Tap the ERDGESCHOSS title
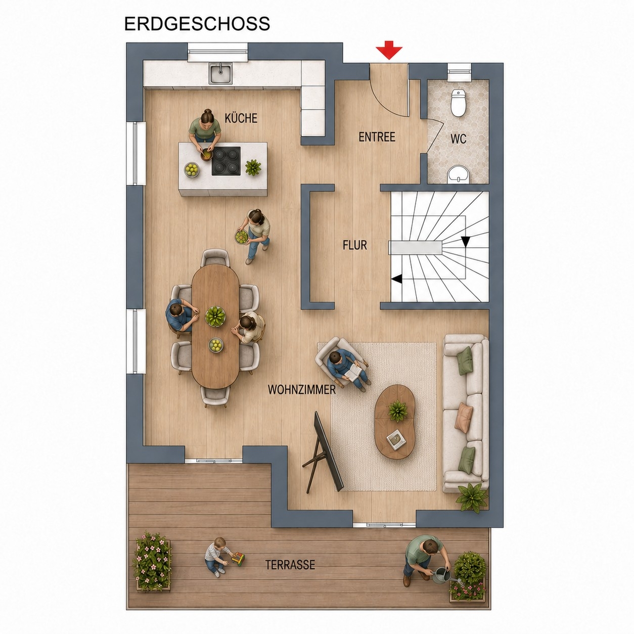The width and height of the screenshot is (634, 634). pyautogui.click(x=197, y=24)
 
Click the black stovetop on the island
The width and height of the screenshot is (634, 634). pyautogui.click(x=226, y=161)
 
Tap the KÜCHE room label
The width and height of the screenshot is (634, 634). pyautogui.click(x=241, y=118)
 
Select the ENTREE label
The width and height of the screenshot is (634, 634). pyautogui.click(x=377, y=137)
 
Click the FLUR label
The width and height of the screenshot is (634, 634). pyautogui.click(x=355, y=245)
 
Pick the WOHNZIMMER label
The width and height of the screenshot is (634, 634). pyautogui.click(x=302, y=390)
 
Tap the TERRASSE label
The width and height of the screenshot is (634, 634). pyautogui.click(x=290, y=565)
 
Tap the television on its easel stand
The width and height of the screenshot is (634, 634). pyautogui.click(x=326, y=454)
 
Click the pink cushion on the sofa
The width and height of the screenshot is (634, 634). pyautogui.click(x=464, y=418)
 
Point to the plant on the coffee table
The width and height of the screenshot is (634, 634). pyautogui.click(x=398, y=411)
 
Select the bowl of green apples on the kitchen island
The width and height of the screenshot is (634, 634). pyautogui.click(x=192, y=170)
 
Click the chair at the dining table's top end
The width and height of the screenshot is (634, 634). pyautogui.click(x=215, y=258)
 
